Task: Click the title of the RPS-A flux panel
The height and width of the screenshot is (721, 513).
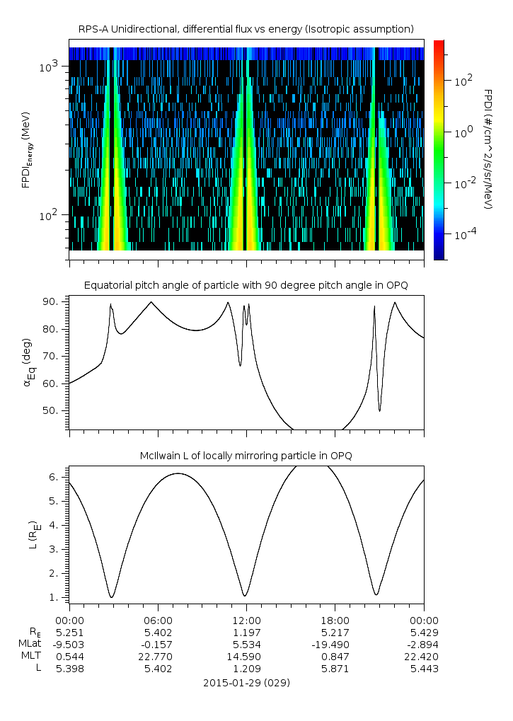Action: [x=246, y=29]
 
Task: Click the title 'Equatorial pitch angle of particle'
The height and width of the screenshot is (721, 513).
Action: [x=246, y=285]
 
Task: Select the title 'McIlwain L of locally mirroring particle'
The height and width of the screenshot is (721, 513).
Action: [x=246, y=456]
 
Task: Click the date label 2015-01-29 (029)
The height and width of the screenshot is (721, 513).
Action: [x=246, y=683]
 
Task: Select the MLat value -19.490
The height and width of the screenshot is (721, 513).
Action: [x=335, y=643]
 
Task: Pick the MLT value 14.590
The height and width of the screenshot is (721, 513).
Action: [x=246, y=656]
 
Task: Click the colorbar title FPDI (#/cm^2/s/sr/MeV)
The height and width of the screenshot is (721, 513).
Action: [x=488, y=149]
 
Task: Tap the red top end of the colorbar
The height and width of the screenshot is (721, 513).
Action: [x=439, y=44]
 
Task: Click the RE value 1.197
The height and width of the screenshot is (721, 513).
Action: [x=246, y=631]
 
